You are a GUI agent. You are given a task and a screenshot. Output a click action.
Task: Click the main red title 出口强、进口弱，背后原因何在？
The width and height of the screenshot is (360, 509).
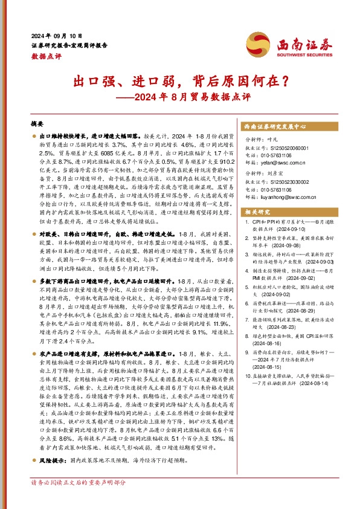pos(179,80)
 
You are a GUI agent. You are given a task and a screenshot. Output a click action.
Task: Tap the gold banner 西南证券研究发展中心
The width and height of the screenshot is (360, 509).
pos(275,128)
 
